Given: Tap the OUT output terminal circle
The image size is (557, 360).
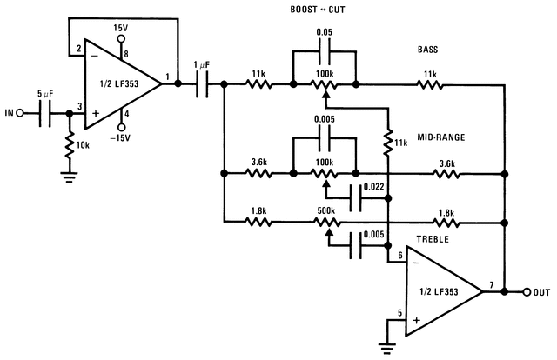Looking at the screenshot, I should (527, 290).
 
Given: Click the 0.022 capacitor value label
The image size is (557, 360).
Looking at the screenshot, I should (372, 187).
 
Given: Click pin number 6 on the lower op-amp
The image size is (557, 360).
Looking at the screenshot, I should (399, 254).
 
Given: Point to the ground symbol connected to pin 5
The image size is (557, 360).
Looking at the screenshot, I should (387, 346).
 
